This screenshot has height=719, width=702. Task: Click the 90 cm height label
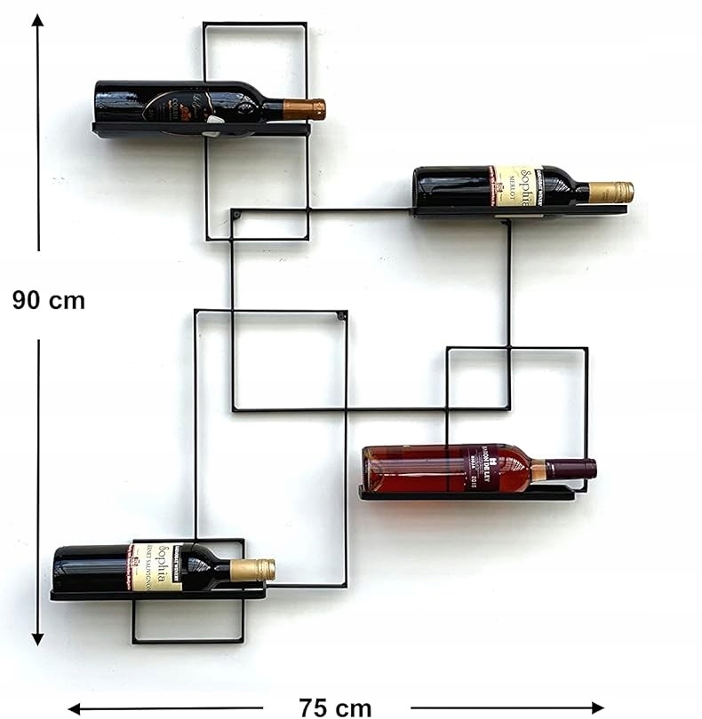(x=49, y=300)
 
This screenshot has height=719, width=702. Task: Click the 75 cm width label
(x=335, y=707)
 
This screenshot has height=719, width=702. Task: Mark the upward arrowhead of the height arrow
(x=38, y=21)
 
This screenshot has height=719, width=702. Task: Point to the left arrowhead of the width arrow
(x=76, y=708)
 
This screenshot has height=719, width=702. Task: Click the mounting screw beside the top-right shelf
(x=236, y=215)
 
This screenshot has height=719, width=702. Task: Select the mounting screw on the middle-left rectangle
(x=341, y=315)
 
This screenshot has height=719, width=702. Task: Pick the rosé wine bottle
(x=444, y=469)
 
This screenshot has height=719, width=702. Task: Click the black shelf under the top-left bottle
(x=201, y=130)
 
